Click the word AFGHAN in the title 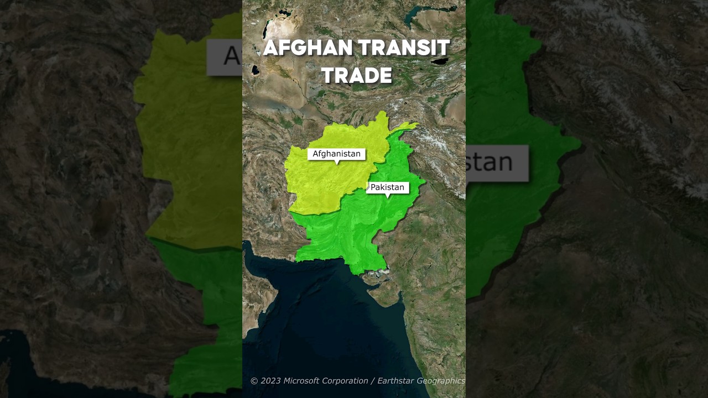click(x=307, y=49)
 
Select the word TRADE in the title click(x=357, y=76)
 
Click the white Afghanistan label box click(x=336, y=154)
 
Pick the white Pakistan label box click(x=387, y=187)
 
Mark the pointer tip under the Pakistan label click(x=387, y=197)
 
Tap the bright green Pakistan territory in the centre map click(x=354, y=232)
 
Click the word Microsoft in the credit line click(x=302, y=381)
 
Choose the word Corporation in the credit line click(x=345, y=381)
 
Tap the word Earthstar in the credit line click(x=395, y=381)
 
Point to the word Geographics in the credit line click(x=440, y=381)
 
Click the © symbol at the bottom click(x=254, y=381)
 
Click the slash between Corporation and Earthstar click(x=373, y=381)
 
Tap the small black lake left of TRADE click(x=255, y=70)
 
